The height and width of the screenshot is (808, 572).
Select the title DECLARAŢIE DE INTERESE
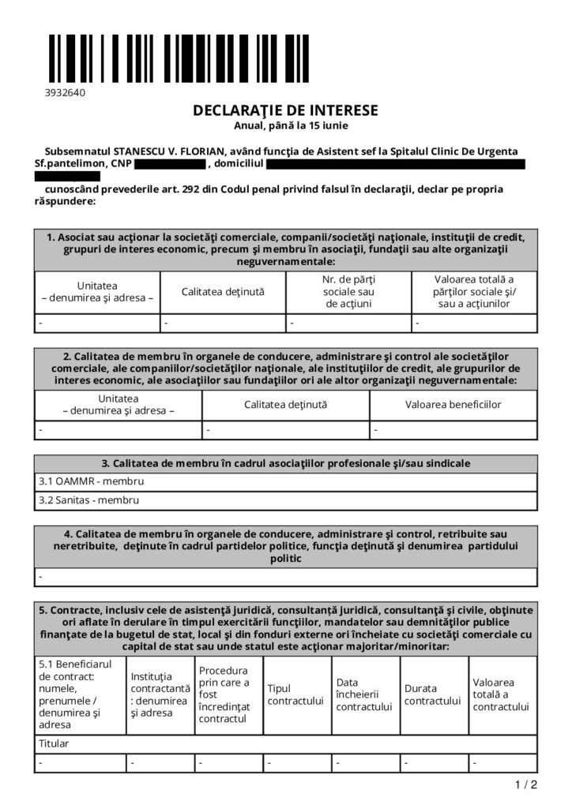285,110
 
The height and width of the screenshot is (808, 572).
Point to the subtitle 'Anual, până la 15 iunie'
285,125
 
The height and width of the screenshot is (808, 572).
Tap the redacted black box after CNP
169,164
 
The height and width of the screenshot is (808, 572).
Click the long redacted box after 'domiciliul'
395,164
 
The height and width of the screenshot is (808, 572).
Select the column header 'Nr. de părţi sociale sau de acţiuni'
348,291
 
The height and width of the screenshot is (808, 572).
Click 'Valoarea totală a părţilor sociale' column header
474,291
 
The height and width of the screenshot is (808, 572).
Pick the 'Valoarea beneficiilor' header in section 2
453,405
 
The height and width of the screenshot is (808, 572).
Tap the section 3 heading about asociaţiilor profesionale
285,462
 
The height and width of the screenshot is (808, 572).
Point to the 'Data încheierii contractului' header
364,694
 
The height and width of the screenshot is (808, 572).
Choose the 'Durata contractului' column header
432,694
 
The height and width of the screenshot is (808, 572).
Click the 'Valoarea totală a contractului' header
501,694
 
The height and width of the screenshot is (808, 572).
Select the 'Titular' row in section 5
55,743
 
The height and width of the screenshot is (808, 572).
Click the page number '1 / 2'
526,784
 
